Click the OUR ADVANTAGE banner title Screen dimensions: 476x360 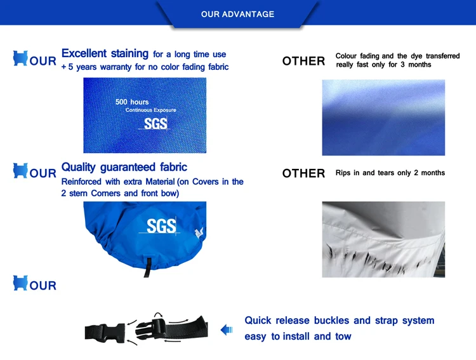tap(237, 14)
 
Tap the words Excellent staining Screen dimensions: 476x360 tap(105, 53)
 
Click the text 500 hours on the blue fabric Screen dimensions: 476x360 tap(132, 102)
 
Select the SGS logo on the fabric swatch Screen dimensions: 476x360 tap(155, 124)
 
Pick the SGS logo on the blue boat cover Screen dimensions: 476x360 tap(161, 226)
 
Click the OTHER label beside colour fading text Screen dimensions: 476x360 tap(303, 61)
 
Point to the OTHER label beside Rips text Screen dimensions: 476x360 tap(303, 173)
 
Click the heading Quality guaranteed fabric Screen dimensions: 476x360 tap(124, 167)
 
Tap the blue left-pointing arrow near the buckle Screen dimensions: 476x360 tap(227, 330)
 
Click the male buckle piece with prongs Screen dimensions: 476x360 tap(151, 328)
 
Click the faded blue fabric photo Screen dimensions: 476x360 tap(383, 117)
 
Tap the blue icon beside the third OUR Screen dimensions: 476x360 tap(20, 283)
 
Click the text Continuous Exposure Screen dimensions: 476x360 tap(151, 110)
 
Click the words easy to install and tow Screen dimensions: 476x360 tap(298, 337)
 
